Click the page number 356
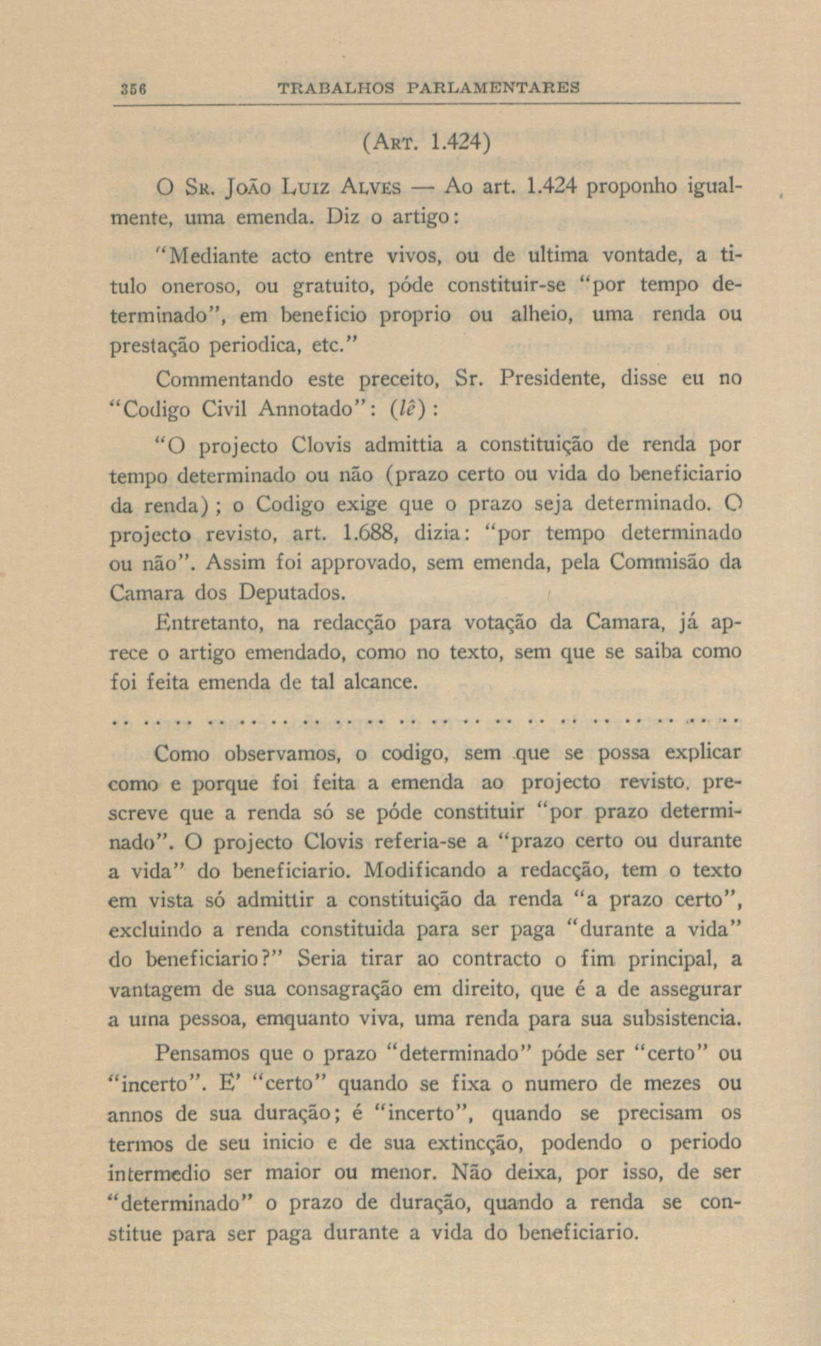(133, 88)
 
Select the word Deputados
(291, 593)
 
